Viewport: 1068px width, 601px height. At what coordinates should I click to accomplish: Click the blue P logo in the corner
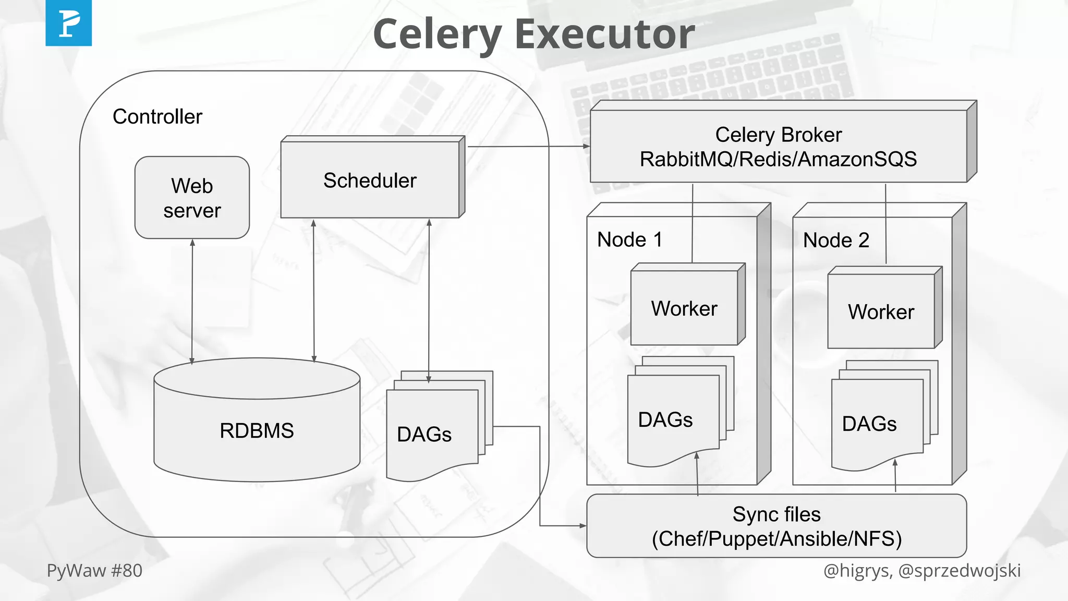[68, 23]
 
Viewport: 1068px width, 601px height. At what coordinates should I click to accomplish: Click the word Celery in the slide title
[437, 34]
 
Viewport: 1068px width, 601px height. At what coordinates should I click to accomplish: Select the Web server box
[192, 198]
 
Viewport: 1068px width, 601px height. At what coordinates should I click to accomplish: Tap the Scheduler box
[370, 180]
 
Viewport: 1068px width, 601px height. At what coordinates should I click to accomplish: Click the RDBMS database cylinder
[257, 430]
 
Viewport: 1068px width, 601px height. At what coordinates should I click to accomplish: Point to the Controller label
[157, 117]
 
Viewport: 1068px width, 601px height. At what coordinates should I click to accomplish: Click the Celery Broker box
[778, 147]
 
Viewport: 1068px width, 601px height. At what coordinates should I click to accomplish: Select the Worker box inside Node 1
[684, 308]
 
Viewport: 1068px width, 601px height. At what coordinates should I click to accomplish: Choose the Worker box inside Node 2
[881, 311]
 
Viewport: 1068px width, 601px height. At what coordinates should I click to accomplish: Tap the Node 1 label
[629, 240]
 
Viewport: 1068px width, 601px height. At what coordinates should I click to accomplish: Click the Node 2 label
[836, 241]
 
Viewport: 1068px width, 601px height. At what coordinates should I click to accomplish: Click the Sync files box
[776, 526]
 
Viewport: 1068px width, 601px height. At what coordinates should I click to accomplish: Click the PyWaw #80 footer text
[94, 571]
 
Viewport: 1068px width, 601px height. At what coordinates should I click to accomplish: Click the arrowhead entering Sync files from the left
[583, 525]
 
